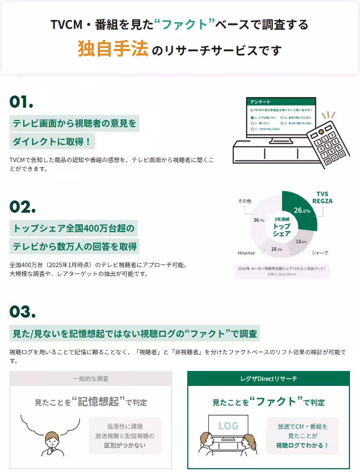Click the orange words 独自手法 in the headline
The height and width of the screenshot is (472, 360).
coord(113,49)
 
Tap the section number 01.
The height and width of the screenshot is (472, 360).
coord(22,102)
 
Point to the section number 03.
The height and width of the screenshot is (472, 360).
coord(23,312)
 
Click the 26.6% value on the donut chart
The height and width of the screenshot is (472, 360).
coord(302,210)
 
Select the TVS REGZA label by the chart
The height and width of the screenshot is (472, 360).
coord(322,197)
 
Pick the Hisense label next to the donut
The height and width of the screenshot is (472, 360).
coord(246,253)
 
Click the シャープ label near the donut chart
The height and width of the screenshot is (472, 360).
coord(319,253)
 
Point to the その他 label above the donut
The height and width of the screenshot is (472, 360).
coord(244,200)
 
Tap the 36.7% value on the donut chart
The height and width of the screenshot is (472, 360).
coord(259,220)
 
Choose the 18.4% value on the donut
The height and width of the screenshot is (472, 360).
coord(301,242)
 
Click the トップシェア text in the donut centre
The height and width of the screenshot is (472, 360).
coord(282,229)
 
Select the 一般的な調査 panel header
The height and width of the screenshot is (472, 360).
coord(91,379)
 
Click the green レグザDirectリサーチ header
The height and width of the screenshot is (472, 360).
coord(268,379)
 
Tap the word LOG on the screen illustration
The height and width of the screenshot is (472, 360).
coord(228,426)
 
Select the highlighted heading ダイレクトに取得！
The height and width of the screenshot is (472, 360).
coord(52,142)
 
